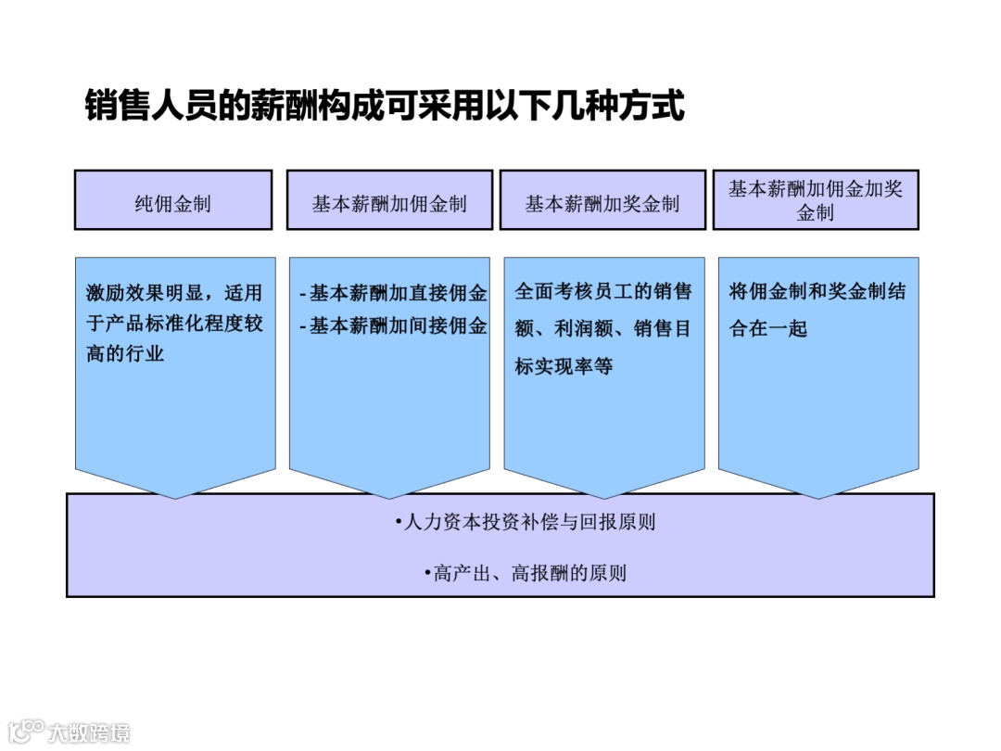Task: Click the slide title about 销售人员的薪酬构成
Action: (384, 105)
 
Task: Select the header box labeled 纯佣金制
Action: (173, 200)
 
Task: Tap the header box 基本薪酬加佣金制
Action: (389, 200)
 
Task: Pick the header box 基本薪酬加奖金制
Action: (602, 200)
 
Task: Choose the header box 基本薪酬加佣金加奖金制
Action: (815, 200)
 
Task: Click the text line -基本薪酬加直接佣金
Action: (393, 293)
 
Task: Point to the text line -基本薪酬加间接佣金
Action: (393, 325)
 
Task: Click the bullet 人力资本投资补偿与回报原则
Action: (525, 522)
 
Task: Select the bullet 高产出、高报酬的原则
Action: (525, 573)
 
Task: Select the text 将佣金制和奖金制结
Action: (817, 292)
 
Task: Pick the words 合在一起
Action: (768, 328)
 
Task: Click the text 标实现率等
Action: (564, 366)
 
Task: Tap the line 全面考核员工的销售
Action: (603, 292)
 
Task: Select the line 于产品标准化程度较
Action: (174, 325)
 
